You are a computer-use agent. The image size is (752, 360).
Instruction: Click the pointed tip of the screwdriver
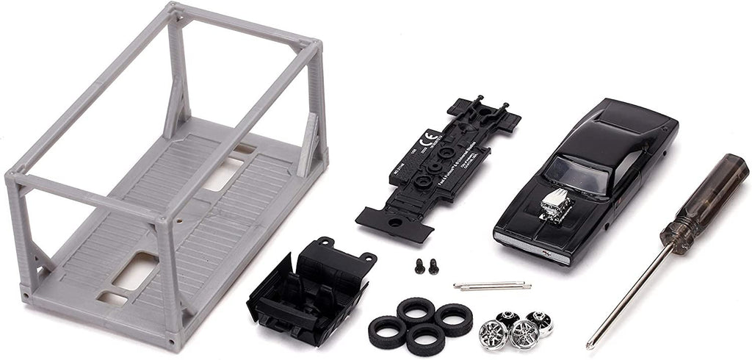pyautogui.click(x=590, y=345)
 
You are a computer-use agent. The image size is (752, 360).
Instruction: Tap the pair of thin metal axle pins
pyautogui.click(x=491, y=284)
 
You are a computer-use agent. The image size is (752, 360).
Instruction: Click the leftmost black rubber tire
pyautogui.click(x=386, y=331)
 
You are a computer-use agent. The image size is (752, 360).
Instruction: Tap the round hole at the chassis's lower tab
pyautogui.click(x=395, y=222)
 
